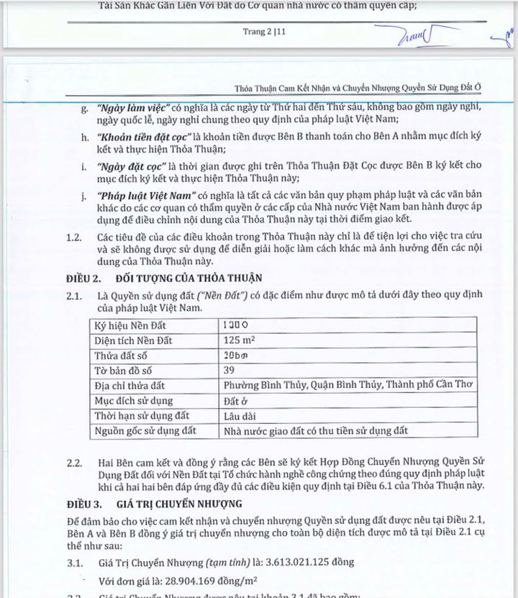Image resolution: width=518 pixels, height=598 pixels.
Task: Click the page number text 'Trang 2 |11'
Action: click(x=265, y=32)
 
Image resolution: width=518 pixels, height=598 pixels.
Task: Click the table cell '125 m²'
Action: click(x=241, y=340)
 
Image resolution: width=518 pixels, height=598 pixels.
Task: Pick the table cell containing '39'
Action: click(x=230, y=371)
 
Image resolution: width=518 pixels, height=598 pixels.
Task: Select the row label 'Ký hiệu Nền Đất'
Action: click(x=130, y=325)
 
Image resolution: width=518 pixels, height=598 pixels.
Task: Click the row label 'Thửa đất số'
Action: click(x=120, y=355)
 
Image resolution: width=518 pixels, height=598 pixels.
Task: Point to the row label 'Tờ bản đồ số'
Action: click(x=123, y=371)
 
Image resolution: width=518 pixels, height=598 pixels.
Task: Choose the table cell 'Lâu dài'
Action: click(x=240, y=416)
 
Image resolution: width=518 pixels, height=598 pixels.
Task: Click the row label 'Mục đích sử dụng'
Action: click(x=134, y=401)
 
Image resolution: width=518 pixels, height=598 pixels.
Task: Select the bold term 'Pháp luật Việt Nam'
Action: click(x=143, y=196)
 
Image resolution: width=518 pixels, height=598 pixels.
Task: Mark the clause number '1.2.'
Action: click(x=75, y=237)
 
